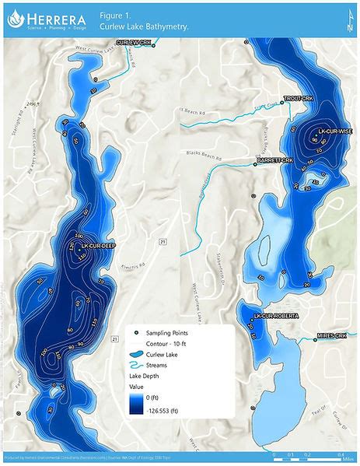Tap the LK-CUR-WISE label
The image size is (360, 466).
(335, 131)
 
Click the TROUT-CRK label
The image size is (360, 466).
(299, 99)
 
